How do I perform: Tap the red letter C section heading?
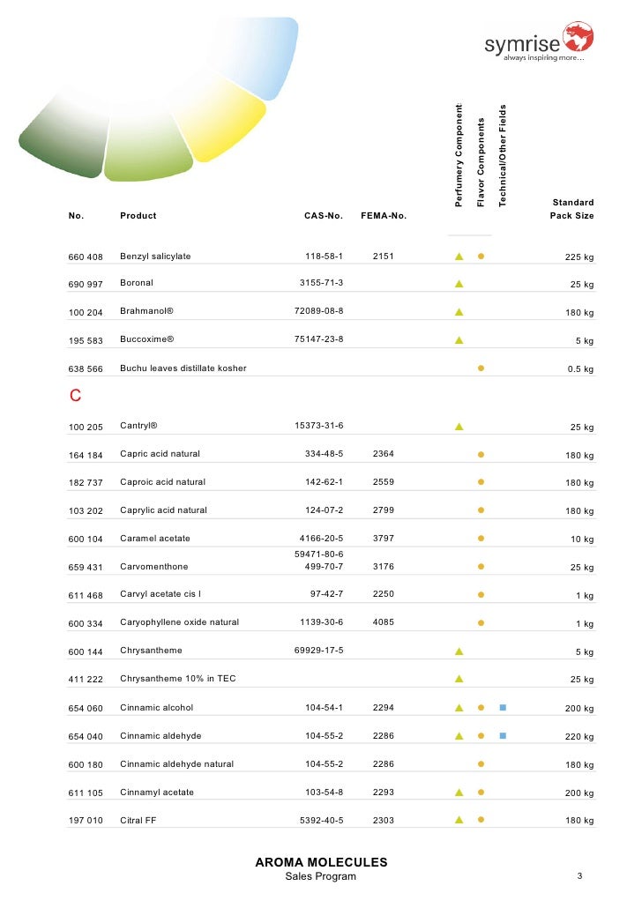pos(75,396)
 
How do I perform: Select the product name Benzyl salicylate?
pos(155,257)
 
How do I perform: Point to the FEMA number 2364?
pos(383,454)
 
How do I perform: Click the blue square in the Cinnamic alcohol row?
pos(503,707)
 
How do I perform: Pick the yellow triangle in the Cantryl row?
pos(459,427)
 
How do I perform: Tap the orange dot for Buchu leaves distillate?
pos(481,368)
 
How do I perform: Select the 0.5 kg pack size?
pos(580,369)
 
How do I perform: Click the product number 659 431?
pos(86,568)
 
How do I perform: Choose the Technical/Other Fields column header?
pos(503,156)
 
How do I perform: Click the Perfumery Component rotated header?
pos(459,156)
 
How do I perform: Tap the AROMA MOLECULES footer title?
pos(321,862)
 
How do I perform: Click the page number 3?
pos(579,875)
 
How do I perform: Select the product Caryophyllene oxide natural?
pos(179,622)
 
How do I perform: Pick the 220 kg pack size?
pos(579,736)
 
